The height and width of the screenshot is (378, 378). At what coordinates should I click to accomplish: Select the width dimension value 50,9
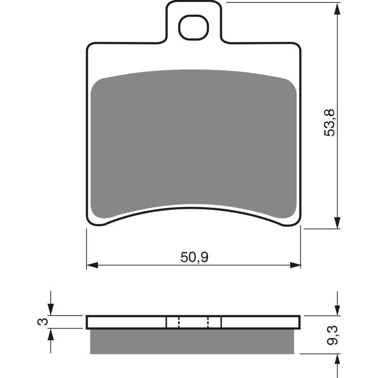coord(194,257)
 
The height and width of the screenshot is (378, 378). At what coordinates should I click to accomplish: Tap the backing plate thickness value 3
coord(43,322)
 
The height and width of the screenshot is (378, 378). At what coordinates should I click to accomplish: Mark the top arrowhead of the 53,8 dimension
coord(337,9)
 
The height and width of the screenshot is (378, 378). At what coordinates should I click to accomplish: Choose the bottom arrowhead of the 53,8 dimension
coord(337,223)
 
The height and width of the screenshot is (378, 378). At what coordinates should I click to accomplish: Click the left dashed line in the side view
coord(179,322)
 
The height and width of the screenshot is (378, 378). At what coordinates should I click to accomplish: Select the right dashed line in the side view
coord(208,322)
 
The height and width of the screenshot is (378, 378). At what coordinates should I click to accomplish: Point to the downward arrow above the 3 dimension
coord(51,310)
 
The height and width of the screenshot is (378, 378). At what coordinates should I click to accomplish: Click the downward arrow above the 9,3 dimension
coord(337,310)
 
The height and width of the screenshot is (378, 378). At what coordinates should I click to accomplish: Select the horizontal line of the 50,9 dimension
coord(142,265)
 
